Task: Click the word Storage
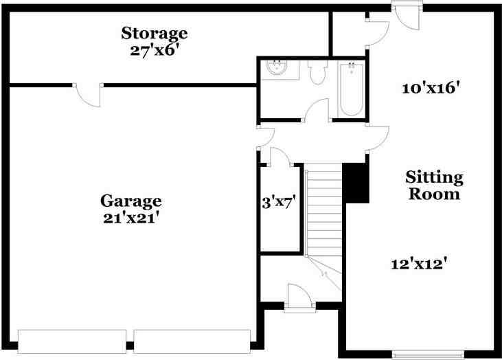[x=154, y=32]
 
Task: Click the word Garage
[x=131, y=201]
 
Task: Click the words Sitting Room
[x=435, y=185]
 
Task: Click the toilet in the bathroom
[x=317, y=74]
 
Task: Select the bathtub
[x=351, y=89]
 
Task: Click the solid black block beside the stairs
[x=356, y=183]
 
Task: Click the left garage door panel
[x=72, y=340]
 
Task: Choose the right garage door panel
[x=192, y=340]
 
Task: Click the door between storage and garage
[x=88, y=94]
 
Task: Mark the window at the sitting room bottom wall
[x=420, y=355]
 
